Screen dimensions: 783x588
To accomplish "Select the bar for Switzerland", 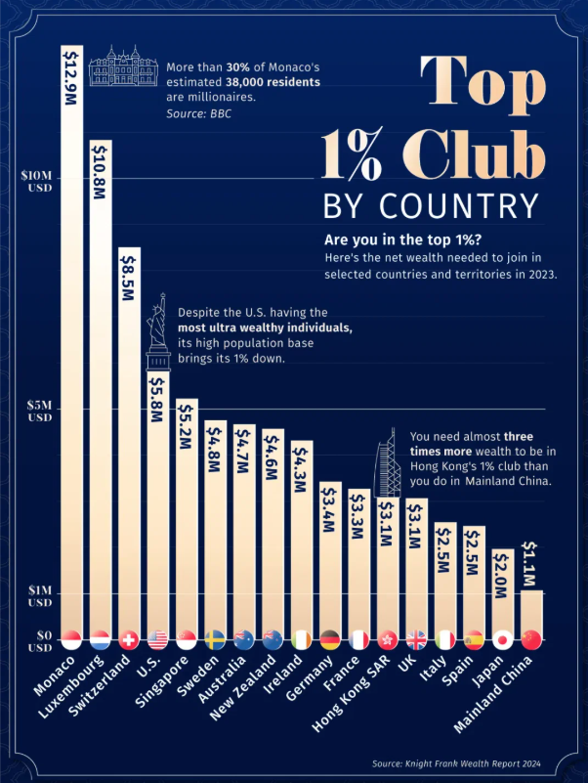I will pos(129,440).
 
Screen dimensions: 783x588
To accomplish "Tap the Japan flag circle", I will pos(502,640).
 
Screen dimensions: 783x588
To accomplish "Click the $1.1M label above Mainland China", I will pos(530,564).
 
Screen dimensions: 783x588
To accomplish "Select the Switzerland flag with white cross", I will pos(128,640).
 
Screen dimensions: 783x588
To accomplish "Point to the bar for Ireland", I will pos(301,538).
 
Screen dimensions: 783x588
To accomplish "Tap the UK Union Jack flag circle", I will pos(416,640).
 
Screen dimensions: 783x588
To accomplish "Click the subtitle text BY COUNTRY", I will pos(430,206).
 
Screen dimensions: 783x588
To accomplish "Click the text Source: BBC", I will pos(198,114).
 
